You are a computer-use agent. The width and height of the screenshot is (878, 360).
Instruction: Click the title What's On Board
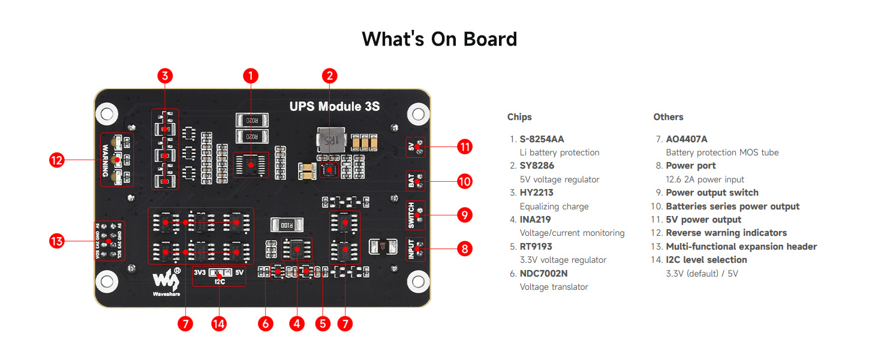coord(439,39)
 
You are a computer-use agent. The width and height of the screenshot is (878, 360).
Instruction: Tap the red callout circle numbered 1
coord(251,76)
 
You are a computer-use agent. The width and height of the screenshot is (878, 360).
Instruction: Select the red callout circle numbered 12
coord(57,160)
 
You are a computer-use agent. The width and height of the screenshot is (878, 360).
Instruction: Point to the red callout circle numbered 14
coord(219,323)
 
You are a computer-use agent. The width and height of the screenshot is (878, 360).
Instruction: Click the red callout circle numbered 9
coord(464,215)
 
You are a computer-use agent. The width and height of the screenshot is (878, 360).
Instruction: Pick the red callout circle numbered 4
coord(296,323)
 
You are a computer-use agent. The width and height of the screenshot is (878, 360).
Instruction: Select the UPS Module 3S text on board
coord(334,107)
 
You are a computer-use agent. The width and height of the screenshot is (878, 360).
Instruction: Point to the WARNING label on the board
coord(106,160)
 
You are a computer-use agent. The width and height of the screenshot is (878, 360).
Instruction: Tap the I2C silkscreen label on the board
coord(220,280)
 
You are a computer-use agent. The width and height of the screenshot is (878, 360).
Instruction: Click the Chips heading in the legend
coord(519,117)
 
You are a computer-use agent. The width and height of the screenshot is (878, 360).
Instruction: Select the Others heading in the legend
coord(668,117)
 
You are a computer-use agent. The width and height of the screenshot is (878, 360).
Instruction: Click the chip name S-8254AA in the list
coord(542,139)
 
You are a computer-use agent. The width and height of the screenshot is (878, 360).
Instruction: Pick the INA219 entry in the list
coord(536,220)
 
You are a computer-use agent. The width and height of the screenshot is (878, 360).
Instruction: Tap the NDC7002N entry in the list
coord(543,273)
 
